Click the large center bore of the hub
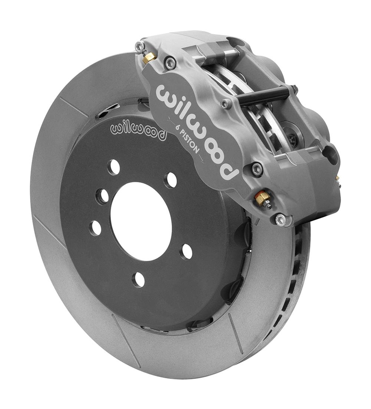[x=141, y=221]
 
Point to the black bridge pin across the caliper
[x=263, y=96]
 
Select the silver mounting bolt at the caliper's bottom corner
[x=281, y=219]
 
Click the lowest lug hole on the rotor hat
[x=139, y=279]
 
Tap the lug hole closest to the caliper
[x=171, y=180]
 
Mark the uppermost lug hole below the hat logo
[x=114, y=167]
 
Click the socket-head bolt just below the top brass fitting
[x=170, y=63]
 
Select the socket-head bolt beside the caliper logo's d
[x=257, y=169]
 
